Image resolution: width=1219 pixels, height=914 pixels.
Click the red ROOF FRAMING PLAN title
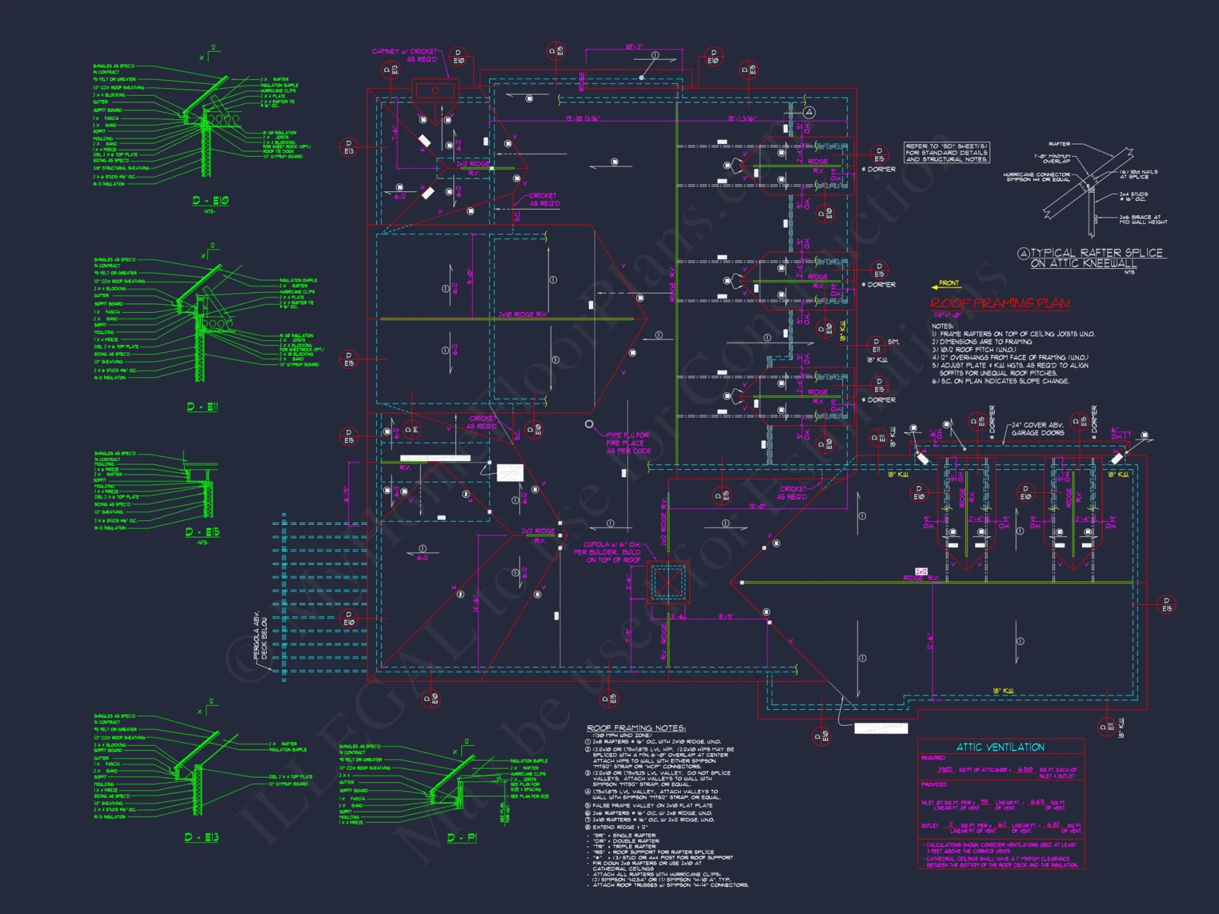[x=1000, y=303]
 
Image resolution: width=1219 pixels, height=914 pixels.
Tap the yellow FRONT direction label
[x=948, y=283]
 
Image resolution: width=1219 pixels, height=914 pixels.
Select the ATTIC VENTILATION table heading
[x=1000, y=747]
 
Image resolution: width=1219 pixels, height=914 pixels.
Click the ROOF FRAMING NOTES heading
[x=636, y=728]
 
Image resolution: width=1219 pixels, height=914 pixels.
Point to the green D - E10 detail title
[x=210, y=200]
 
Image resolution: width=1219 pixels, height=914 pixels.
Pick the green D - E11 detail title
[x=202, y=406]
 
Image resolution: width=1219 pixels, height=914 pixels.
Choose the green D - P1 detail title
[x=462, y=838]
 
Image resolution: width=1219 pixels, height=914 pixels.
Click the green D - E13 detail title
[x=202, y=838]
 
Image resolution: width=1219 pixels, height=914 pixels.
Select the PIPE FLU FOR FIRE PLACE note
[x=628, y=443]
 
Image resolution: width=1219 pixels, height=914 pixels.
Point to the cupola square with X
[x=667, y=583]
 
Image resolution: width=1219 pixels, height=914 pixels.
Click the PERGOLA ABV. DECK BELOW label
[x=260, y=636]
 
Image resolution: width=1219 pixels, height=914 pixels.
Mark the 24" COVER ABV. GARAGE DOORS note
[x=1037, y=429]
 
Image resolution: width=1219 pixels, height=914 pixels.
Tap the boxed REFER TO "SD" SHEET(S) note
[x=946, y=152]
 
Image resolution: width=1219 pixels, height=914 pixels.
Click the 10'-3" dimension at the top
[x=634, y=47]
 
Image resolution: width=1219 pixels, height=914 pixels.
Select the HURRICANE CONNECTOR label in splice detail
[x=1036, y=177]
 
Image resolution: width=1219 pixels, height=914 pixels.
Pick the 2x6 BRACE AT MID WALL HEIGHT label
[x=1143, y=219]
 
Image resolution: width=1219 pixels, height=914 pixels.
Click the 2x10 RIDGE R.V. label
[x=523, y=314]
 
